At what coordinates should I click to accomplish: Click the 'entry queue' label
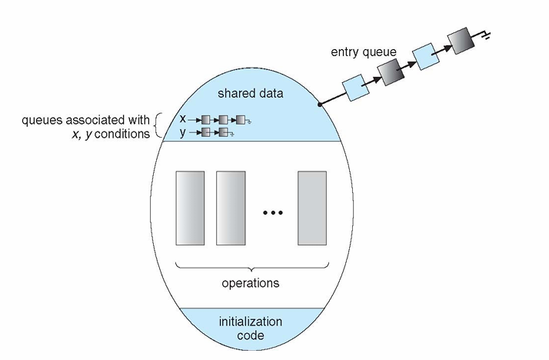click(x=364, y=52)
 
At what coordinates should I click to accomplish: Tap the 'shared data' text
click(x=251, y=94)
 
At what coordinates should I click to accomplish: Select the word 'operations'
click(x=251, y=282)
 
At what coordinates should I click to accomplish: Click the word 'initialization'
click(x=251, y=322)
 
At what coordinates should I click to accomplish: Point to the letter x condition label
click(x=182, y=119)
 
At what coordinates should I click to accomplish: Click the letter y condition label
click(x=182, y=133)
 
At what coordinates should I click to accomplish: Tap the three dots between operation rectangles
click(x=273, y=212)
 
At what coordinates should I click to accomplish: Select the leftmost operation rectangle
click(x=190, y=208)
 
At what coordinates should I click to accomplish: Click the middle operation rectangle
click(x=231, y=208)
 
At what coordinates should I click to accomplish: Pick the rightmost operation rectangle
click(x=312, y=208)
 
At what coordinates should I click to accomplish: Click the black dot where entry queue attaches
click(x=320, y=105)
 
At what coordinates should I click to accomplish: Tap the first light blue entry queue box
click(x=355, y=88)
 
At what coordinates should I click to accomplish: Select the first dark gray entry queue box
click(x=391, y=72)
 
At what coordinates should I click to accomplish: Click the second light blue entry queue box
click(x=426, y=56)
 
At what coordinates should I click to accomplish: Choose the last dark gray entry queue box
click(x=461, y=41)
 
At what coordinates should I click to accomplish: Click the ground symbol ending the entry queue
click(x=486, y=35)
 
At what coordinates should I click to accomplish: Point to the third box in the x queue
click(x=241, y=120)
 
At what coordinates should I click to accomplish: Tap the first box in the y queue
click(x=206, y=132)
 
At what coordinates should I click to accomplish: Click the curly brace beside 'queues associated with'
click(x=158, y=125)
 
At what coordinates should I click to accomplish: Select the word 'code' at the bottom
click(x=251, y=335)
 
